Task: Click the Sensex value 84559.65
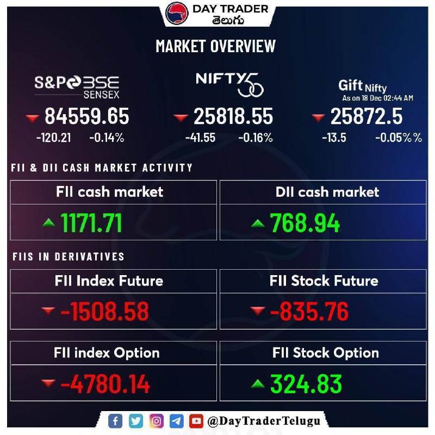pyautogui.click(x=87, y=117)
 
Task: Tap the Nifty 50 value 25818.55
pyautogui.click(x=233, y=117)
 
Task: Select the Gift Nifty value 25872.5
pyautogui.click(x=366, y=117)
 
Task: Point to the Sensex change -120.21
pyautogui.click(x=53, y=138)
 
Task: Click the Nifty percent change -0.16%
pyautogui.click(x=256, y=138)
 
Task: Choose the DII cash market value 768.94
pyautogui.click(x=305, y=223)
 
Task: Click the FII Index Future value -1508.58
pyautogui.click(x=104, y=312)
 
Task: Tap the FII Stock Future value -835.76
pyautogui.click(x=309, y=312)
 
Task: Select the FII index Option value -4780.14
pyautogui.click(x=105, y=384)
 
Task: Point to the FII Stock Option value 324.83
pyautogui.click(x=307, y=384)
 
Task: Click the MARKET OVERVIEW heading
pyautogui.click(x=216, y=46)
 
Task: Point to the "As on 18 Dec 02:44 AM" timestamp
pyautogui.click(x=377, y=98)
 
